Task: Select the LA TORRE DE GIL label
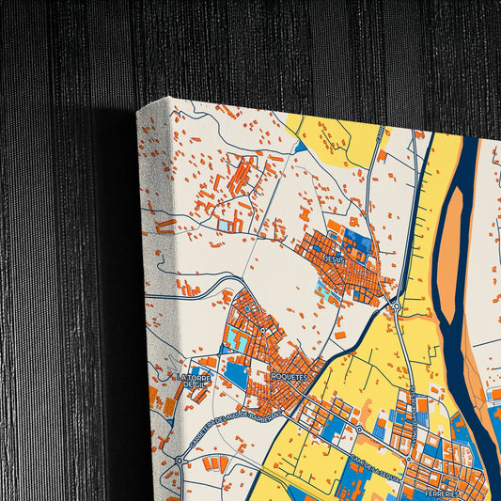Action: [x=195, y=381]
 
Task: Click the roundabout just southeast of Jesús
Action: [x=397, y=306]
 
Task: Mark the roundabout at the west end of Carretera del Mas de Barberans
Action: [x=179, y=462]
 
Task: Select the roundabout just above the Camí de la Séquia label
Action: [x=358, y=430]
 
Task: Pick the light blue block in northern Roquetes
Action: [x=242, y=342]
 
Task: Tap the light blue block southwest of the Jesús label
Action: [x=324, y=292]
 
